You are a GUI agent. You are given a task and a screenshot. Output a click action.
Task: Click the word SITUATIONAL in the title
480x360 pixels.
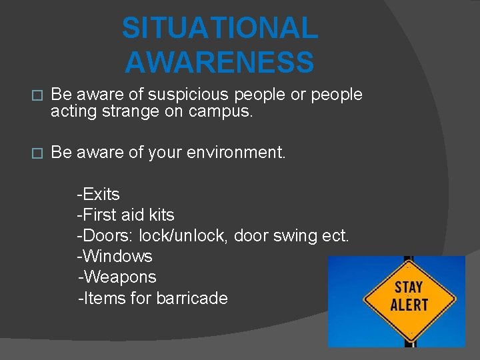pos(220,29)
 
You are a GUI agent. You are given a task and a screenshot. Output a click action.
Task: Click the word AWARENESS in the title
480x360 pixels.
pos(219,62)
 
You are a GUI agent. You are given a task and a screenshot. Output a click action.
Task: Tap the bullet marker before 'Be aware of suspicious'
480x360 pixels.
pos(37,96)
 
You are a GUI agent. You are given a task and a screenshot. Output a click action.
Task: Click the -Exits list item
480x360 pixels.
pos(99,195)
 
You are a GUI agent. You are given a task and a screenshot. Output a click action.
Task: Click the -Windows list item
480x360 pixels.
pos(115,257)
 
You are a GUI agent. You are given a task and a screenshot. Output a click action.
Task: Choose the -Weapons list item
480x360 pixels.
pos(117,277)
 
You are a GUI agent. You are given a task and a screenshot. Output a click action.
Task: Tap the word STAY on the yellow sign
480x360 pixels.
pos(408,288)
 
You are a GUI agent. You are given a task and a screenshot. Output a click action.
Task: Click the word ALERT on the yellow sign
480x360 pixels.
pos(408,305)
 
